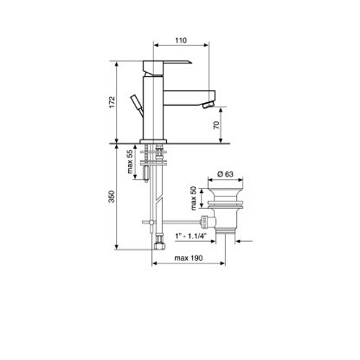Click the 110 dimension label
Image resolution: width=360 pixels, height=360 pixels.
click(x=181, y=40)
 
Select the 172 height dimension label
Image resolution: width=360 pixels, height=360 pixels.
click(x=112, y=102)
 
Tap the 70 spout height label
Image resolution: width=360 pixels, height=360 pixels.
click(x=217, y=125)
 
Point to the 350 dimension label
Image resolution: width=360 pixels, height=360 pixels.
click(x=112, y=197)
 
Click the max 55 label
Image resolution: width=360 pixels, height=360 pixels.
click(x=130, y=161)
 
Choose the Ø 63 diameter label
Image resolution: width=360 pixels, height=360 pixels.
click(x=225, y=174)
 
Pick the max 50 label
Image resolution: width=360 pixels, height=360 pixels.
click(x=194, y=198)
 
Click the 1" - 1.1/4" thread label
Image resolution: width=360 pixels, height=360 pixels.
click(x=191, y=236)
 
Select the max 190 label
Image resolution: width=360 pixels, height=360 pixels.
click(x=189, y=258)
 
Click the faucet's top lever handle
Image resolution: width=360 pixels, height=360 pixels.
click(x=167, y=68)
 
